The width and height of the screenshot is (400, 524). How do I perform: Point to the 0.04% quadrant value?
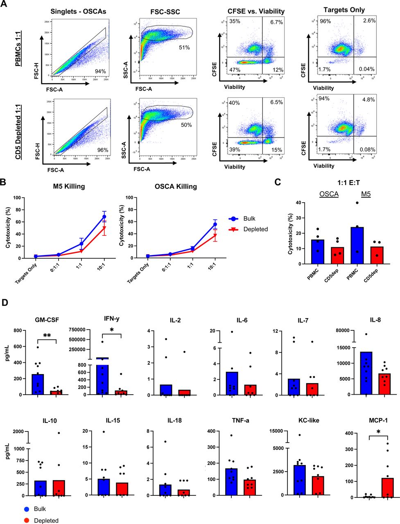366,69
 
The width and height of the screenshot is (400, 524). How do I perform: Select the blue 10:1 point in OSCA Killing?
215,224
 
